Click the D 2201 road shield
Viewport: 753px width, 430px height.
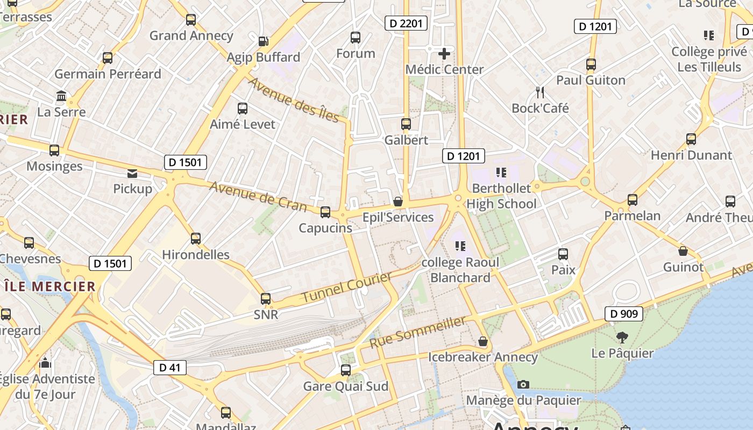406,23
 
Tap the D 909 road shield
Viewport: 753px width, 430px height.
624,314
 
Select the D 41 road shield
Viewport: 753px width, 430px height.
170,368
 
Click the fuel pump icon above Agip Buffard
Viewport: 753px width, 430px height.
263,41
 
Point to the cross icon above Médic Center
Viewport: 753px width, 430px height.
444,53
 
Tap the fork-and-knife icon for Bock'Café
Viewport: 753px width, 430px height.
540,92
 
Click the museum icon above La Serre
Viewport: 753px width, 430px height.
61,96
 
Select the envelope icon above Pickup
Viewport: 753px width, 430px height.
132,173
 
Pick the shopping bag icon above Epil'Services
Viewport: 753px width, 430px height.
398,202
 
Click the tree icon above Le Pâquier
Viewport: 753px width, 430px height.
622,338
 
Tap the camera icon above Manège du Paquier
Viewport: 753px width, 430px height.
523,384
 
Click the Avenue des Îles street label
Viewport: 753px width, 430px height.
294,100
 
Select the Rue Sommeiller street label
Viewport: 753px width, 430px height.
417,332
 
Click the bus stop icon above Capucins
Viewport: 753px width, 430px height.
325,212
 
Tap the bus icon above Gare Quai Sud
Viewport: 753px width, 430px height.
346,370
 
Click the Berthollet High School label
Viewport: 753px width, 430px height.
501,196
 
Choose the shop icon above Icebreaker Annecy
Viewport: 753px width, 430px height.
483,342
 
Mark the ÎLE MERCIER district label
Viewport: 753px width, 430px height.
50,286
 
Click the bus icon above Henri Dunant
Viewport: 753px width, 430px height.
691,140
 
